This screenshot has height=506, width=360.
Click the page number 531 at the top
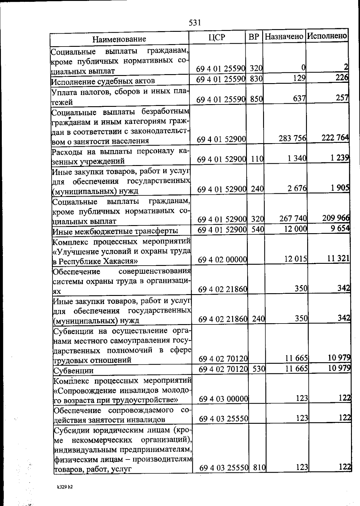[x=195, y=23]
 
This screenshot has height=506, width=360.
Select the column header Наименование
[x=119, y=39]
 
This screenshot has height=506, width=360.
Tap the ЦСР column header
[x=217, y=37]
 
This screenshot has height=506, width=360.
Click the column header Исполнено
[x=327, y=36]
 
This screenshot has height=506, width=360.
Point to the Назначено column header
[x=284, y=37]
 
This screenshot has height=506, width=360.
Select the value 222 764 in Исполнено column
[x=335, y=138]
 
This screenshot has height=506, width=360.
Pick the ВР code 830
[x=256, y=79]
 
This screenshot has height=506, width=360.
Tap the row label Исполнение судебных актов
[x=103, y=81]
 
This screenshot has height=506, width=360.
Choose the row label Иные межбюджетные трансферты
[x=115, y=231]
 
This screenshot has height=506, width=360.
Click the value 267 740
[x=293, y=219]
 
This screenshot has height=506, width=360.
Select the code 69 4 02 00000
[x=222, y=259]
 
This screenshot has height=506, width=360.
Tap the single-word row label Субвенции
[x=73, y=371]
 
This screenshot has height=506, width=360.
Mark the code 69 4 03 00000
[x=223, y=399]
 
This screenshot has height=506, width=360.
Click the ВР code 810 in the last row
[x=258, y=467]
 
